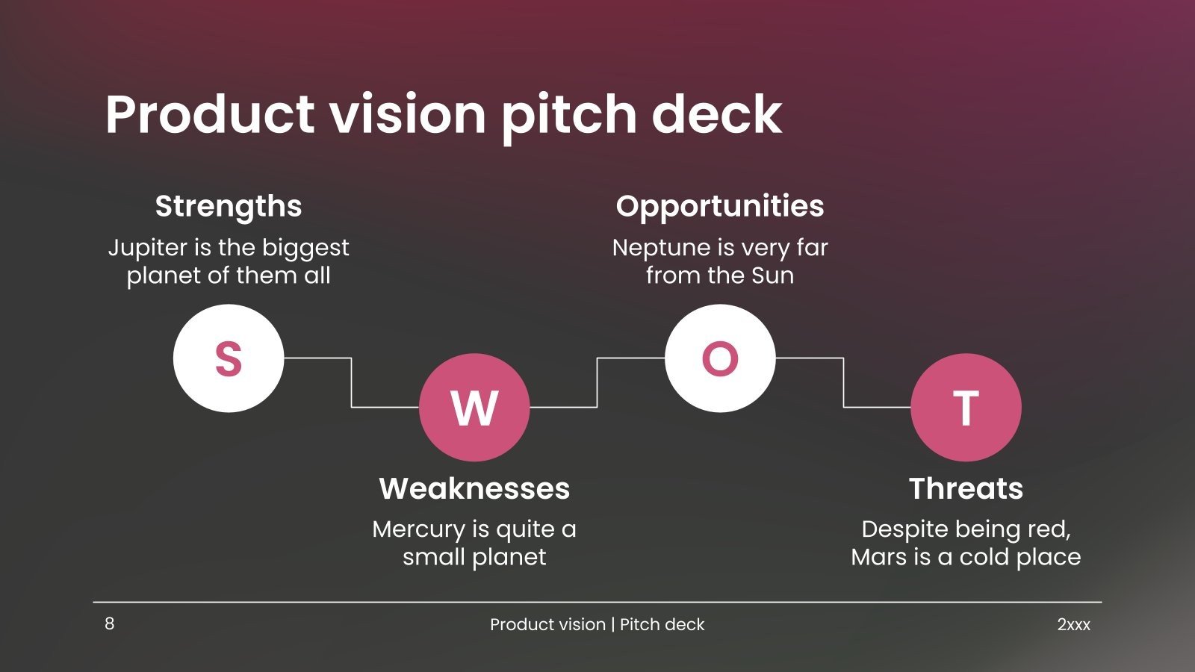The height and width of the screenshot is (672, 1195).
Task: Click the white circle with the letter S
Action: pos(229,358)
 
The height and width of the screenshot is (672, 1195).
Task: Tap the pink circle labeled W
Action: pos(474,408)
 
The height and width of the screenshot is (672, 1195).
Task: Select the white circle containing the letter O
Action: pos(720,358)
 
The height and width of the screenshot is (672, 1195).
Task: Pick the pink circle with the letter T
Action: pos(966,408)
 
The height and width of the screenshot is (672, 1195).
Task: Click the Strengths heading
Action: pos(229,206)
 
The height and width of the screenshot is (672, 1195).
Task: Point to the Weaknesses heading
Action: pos(474,488)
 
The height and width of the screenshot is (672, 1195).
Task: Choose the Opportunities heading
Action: pos(720,206)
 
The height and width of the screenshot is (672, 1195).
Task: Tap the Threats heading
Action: pos(966,488)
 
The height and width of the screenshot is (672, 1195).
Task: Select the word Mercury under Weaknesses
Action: pos(418,529)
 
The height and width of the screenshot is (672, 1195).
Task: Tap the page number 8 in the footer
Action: pos(110,623)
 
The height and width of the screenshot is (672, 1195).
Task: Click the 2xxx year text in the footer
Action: pos(1073,625)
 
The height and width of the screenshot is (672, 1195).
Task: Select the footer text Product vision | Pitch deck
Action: pos(597,625)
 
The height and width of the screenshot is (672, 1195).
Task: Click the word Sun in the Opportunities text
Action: pos(772,276)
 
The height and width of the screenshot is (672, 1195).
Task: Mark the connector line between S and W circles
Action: pos(352,382)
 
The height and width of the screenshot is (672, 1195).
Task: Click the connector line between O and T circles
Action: pos(844,382)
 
